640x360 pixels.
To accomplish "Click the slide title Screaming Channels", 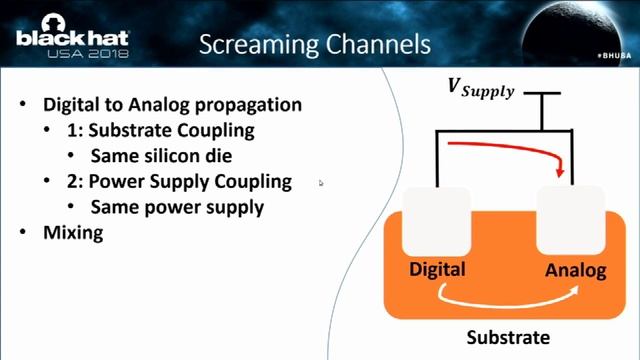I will [315, 44].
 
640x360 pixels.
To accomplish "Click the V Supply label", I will [479, 90].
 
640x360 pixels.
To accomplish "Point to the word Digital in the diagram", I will [437, 270].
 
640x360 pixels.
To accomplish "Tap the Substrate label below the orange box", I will [513, 336].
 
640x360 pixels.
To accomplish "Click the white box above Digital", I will [436, 220].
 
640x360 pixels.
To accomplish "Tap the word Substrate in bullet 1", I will [124, 130].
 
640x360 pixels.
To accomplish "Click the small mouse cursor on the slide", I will [321, 183].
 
